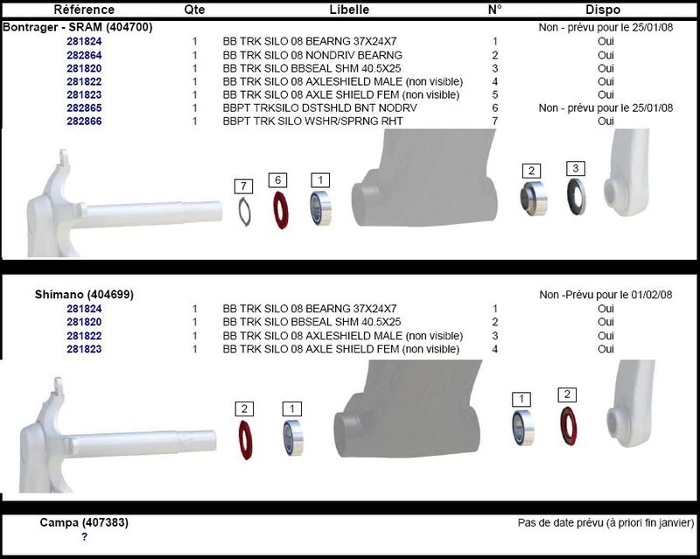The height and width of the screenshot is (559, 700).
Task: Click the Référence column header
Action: point(84,10)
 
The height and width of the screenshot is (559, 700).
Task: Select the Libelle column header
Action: point(349,10)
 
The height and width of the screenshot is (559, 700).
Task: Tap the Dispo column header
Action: point(603,10)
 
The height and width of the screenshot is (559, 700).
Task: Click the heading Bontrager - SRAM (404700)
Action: point(78,27)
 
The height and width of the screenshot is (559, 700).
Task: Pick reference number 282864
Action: point(84,54)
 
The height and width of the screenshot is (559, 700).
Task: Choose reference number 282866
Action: point(84,121)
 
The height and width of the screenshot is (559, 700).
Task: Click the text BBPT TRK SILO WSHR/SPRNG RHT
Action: point(312,121)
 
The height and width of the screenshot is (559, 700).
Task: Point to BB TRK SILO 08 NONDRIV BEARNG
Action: point(312,54)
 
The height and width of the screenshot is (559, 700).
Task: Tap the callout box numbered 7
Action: point(243,186)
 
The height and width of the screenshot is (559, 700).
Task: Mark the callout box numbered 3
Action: point(575,168)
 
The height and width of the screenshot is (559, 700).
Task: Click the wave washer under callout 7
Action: point(245,210)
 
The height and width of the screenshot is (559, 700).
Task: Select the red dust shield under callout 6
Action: point(282,208)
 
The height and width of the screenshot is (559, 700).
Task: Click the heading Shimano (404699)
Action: point(84,295)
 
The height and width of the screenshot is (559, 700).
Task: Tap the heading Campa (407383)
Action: point(84,522)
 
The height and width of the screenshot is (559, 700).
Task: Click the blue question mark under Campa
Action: point(84,536)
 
